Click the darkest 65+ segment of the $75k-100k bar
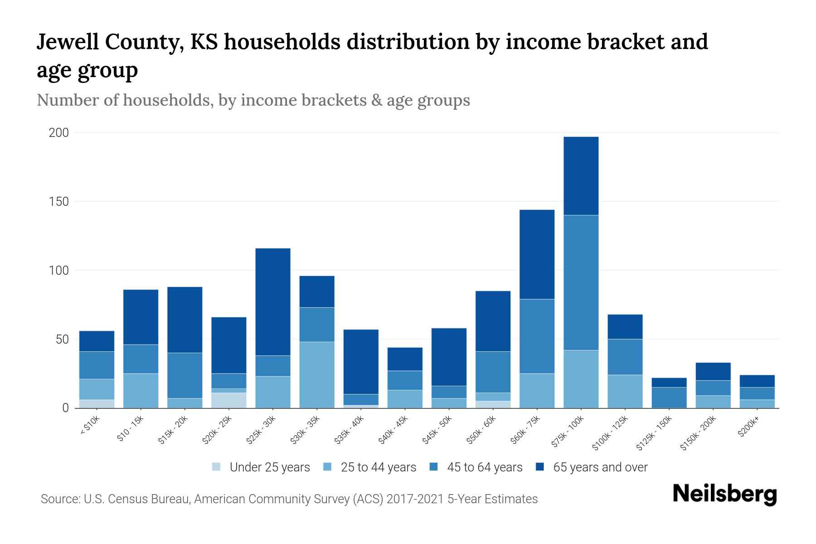tap(581, 176)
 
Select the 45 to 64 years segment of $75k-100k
tap(581, 282)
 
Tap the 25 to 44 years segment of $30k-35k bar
tap(317, 375)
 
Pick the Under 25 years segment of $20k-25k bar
tap(229, 400)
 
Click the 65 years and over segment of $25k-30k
tap(273, 301)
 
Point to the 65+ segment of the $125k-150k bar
tap(669, 383)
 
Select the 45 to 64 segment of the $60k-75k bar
tap(537, 336)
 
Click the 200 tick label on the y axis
tap(59, 133)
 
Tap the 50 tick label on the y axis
tap(62, 340)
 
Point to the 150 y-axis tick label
tap(59, 202)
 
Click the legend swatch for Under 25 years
tap(217, 467)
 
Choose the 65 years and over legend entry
tap(600, 467)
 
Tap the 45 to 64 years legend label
tap(484, 467)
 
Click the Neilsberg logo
tap(724, 494)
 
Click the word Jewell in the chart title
tap(68, 42)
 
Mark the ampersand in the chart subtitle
tap(376, 100)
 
